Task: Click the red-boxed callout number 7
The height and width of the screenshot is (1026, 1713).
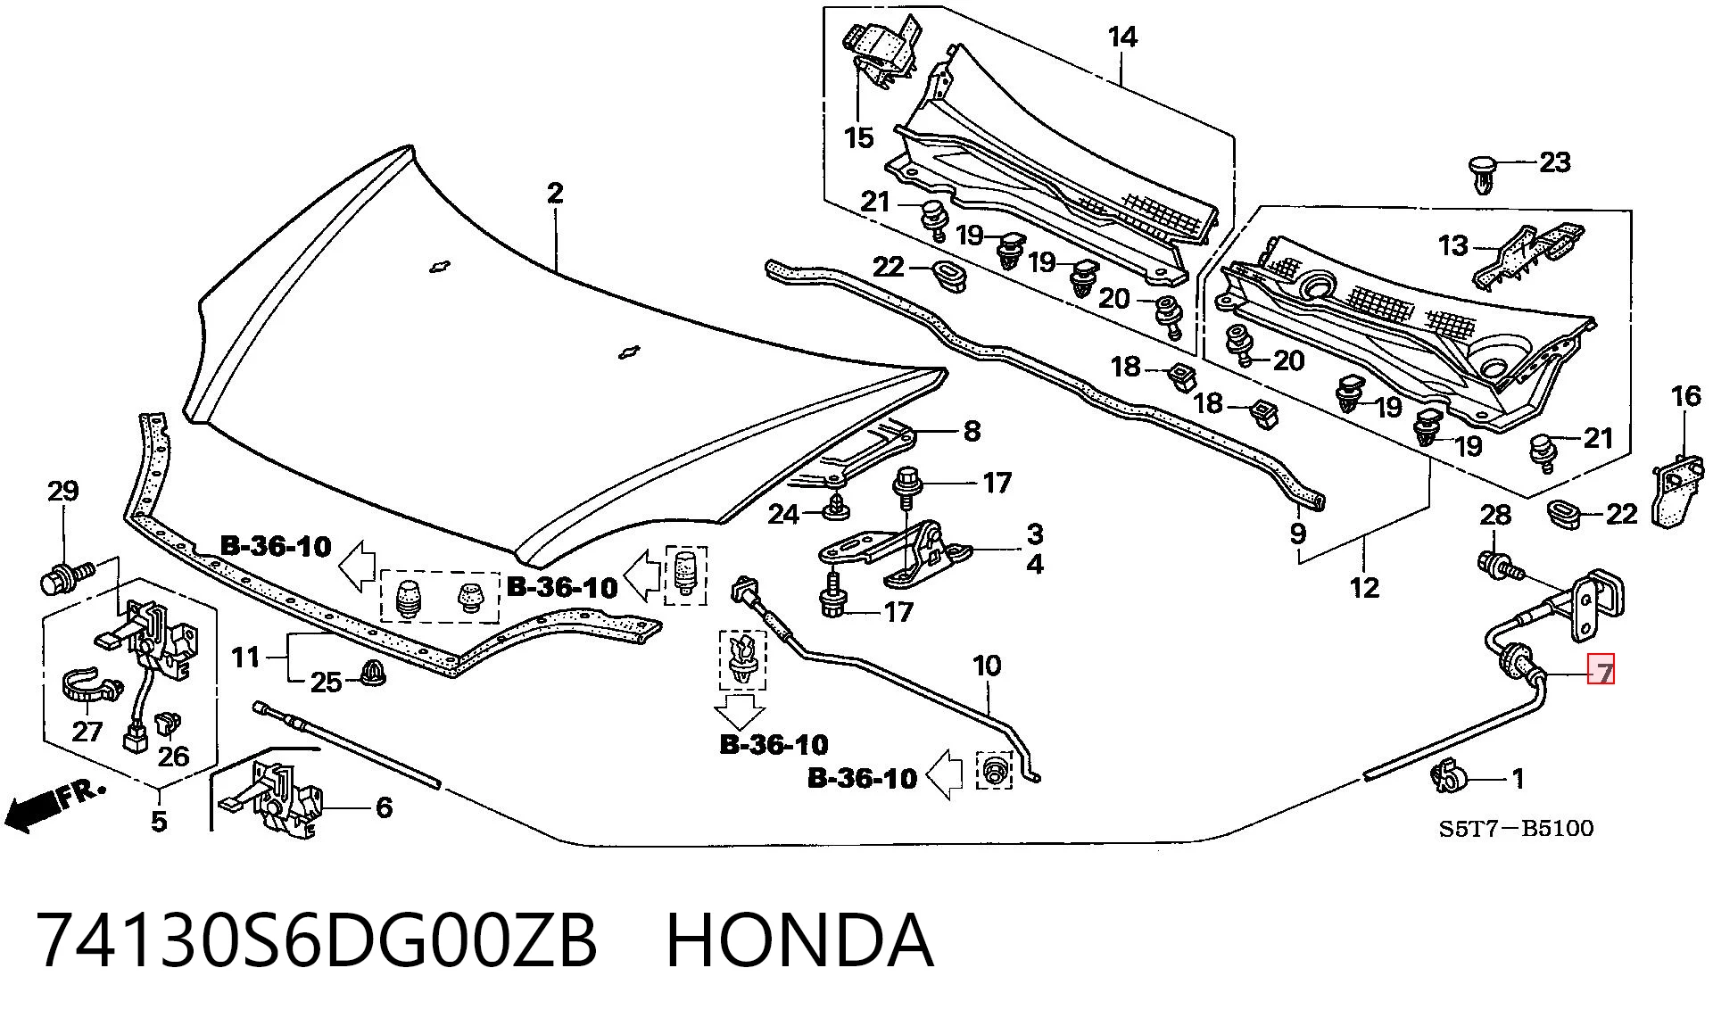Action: click(x=1603, y=670)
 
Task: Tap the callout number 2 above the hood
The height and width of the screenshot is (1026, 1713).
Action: click(x=555, y=193)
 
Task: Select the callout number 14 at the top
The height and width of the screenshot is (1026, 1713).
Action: click(x=1122, y=37)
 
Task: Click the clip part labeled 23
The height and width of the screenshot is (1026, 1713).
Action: click(x=1483, y=174)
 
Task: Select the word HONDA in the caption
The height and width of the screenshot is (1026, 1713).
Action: click(x=799, y=940)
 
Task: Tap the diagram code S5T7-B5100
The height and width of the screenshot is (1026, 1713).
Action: click(x=1516, y=829)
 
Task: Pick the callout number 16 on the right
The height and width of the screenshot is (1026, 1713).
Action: click(x=1685, y=395)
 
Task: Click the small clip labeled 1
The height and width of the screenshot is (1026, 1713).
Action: click(x=1447, y=776)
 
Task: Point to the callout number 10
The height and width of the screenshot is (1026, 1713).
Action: click(x=987, y=666)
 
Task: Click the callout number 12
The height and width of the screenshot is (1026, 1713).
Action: click(x=1365, y=587)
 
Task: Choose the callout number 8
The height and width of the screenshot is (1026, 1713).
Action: click(x=972, y=431)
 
